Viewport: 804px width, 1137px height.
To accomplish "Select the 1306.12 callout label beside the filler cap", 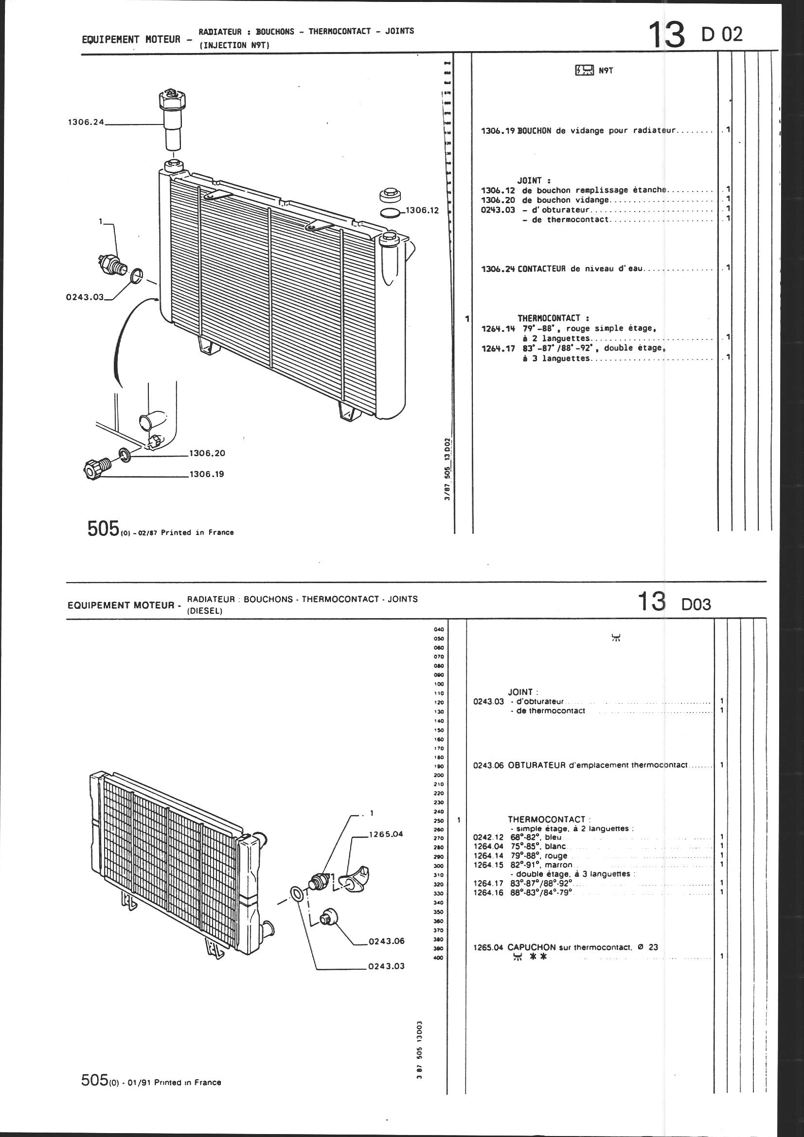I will pyautogui.click(x=423, y=211).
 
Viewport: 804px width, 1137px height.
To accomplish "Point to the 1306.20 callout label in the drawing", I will pyautogui.click(x=207, y=453).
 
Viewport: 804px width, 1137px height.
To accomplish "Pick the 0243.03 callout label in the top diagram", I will pyautogui.click(x=85, y=297).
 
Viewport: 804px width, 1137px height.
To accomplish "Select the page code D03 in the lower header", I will pyautogui.click(x=696, y=604).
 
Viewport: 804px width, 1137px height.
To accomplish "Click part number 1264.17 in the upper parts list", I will pyautogui.click(x=498, y=348).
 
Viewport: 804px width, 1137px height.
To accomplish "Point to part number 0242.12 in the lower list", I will pyautogui.click(x=488, y=837).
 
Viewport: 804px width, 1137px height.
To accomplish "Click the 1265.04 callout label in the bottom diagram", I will pyautogui.click(x=386, y=834).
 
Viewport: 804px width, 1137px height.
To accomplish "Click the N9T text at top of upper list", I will pyautogui.click(x=606, y=71).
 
